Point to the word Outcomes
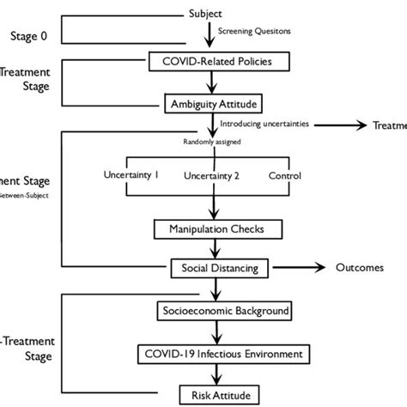[359, 268]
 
